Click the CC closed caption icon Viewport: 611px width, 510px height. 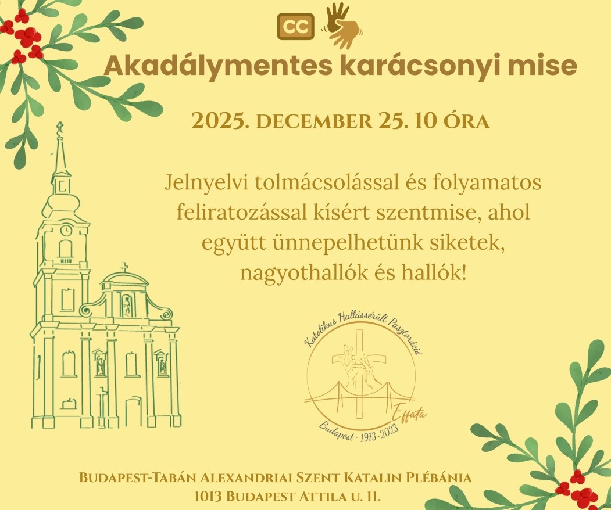tap(295, 27)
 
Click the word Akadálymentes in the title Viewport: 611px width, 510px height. tap(218, 66)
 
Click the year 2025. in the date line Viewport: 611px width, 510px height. tap(220, 121)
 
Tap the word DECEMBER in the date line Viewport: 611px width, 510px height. tap(314, 121)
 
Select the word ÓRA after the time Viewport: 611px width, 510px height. tap(467, 121)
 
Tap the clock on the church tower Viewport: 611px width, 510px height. tap(66, 230)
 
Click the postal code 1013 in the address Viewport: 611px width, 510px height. tap(208, 497)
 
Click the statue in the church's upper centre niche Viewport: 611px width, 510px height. tap(127, 306)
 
